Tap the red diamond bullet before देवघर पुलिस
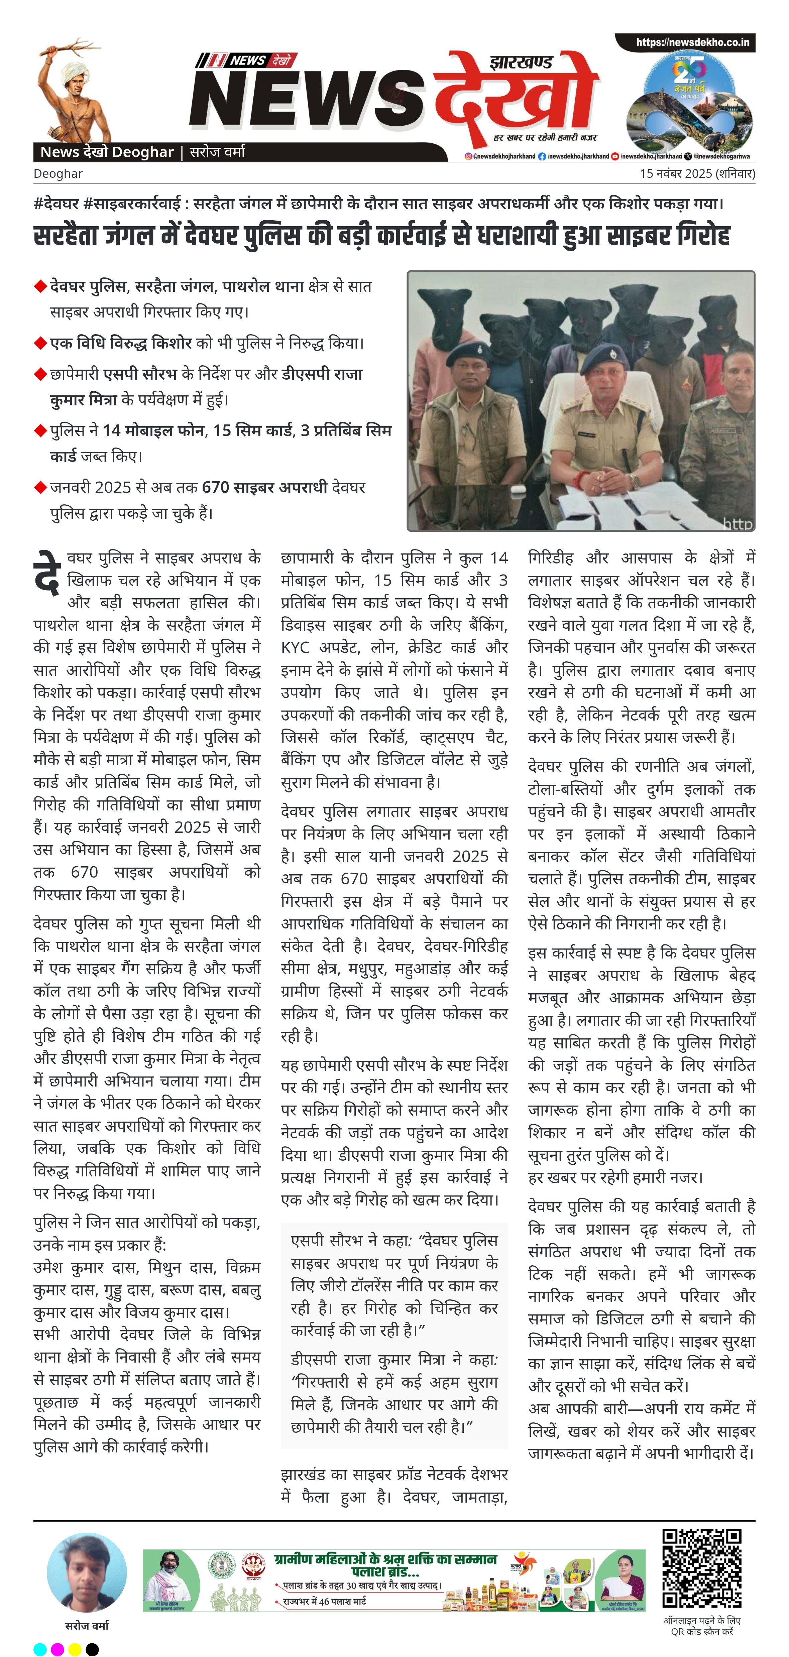pyautogui.click(x=40, y=286)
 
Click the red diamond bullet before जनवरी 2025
pyautogui.click(x=40, y=487)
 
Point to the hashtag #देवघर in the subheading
pyautogui.click(x=57, y=204)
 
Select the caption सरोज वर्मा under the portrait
pyautogui.click(x=87, y=1626)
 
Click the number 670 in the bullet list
pyautogui.click(x=216, y=487)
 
